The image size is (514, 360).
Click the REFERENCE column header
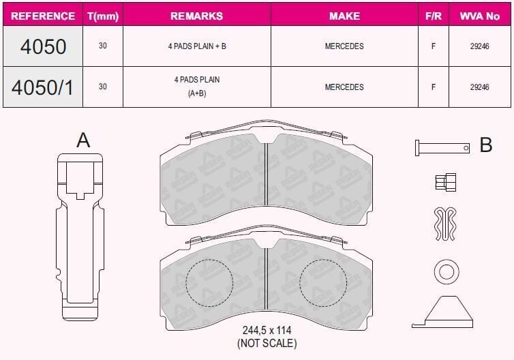pos(43,16)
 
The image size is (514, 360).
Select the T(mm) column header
pos(103,16)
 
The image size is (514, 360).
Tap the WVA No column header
pos(480,16)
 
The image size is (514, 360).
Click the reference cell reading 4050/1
pos(43,87)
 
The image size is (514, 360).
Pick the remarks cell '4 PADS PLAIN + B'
pos(197,46)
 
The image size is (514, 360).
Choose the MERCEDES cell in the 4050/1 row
pos(344,87)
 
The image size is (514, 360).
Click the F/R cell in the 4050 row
pos(434,46)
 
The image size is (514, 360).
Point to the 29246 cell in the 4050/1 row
pos(480,87)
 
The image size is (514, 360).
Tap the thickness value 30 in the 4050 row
pos(103,46)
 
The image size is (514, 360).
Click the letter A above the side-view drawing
pos(83,140)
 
